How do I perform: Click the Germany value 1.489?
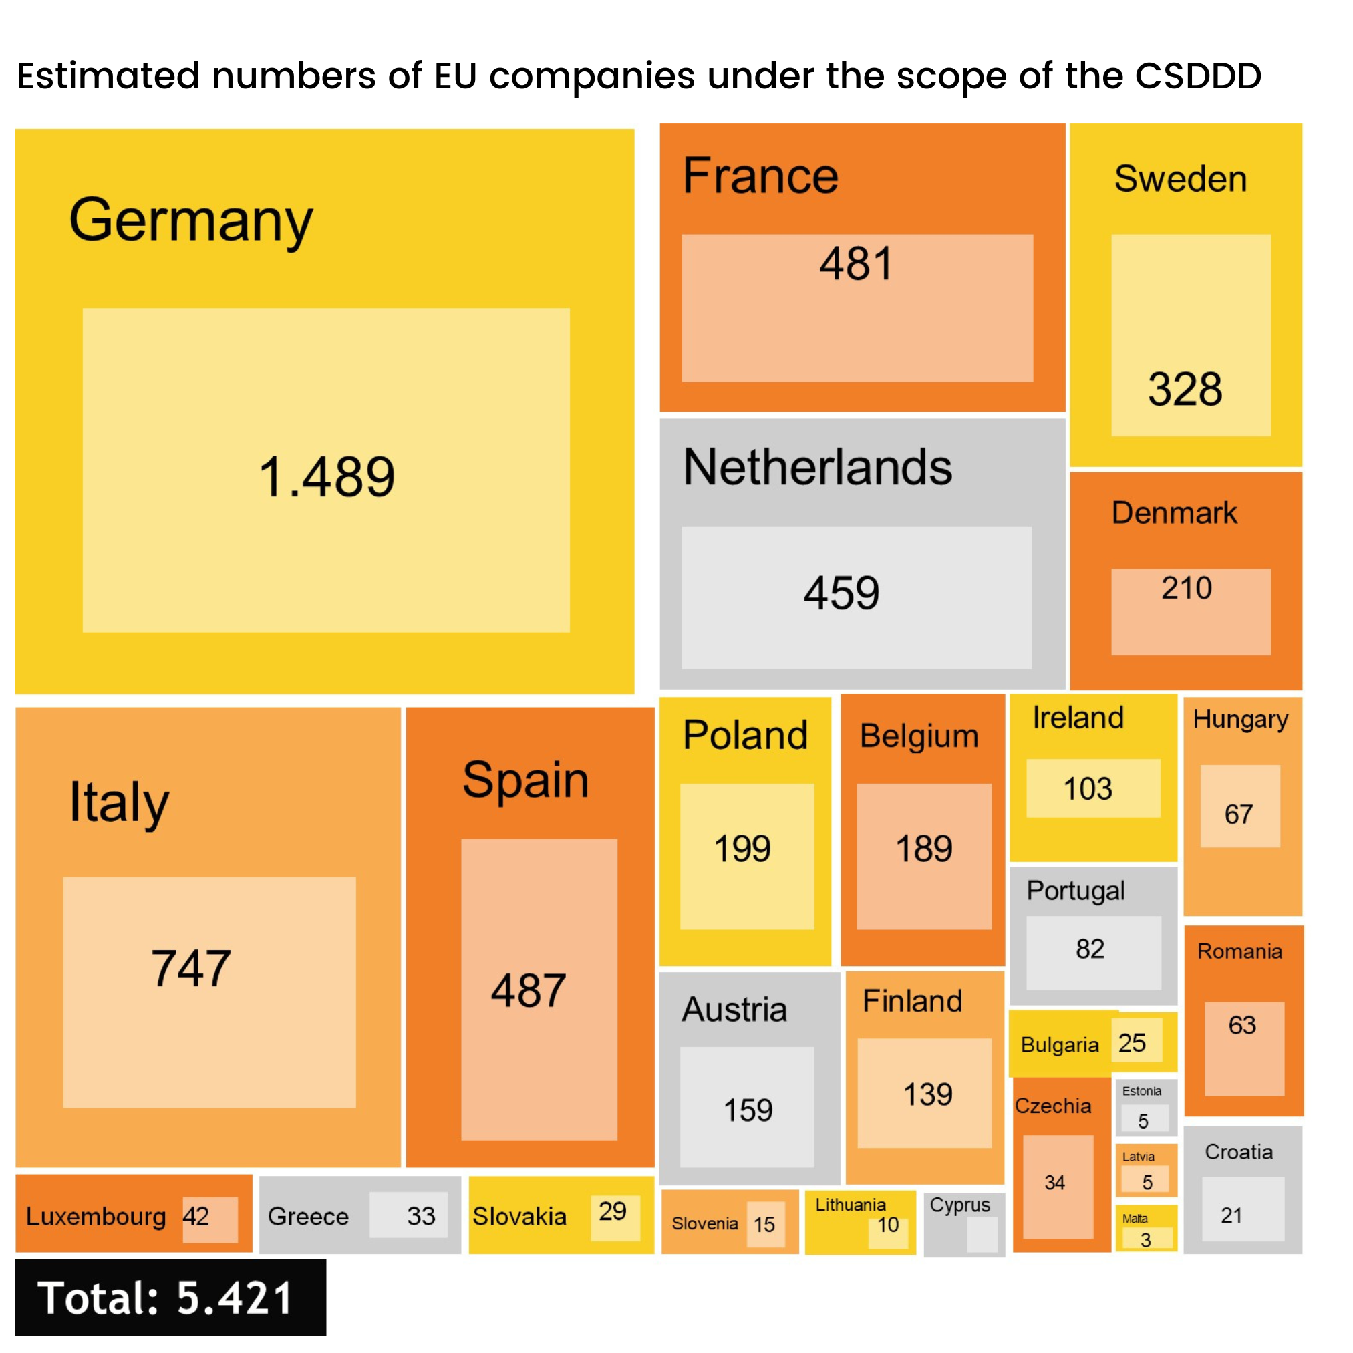tap(326, 477)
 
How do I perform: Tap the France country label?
tap(760, 176)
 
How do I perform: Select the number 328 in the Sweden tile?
tap(1185, 390)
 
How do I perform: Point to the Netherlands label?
tap(817, 467)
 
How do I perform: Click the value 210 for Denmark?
tap(1187, 588)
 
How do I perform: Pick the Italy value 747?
tap(190, 969)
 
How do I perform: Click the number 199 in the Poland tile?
tap(742, 849)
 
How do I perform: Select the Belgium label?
tap(919, 736)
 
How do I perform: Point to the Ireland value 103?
tap(1088, 789)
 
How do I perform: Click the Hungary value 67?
tap(1238, 814)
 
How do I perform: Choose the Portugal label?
tap(1076, 891)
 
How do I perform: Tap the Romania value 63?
tap(1242, 1025)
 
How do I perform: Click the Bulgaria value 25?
tap(1132, 1043)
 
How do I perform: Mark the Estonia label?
tap(1141, 1091)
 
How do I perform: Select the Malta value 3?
tap(1146, 1240)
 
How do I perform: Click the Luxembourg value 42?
tap(196, 1217)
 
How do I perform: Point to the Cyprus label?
tap(959, 1205)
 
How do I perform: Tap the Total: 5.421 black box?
tap(170, 1297)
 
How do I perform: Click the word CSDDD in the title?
tap(1198, 76)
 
